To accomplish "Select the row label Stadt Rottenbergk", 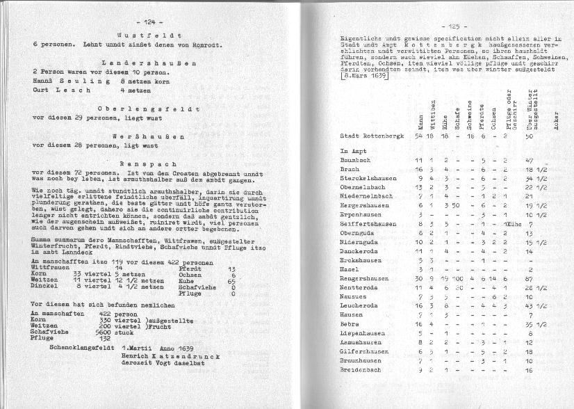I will point(371,136).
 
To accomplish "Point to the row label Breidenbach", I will point(363,369).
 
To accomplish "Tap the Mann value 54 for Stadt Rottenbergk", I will point(418,136).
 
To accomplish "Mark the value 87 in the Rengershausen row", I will point(530,278).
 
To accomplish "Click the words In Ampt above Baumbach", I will point(353,150).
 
